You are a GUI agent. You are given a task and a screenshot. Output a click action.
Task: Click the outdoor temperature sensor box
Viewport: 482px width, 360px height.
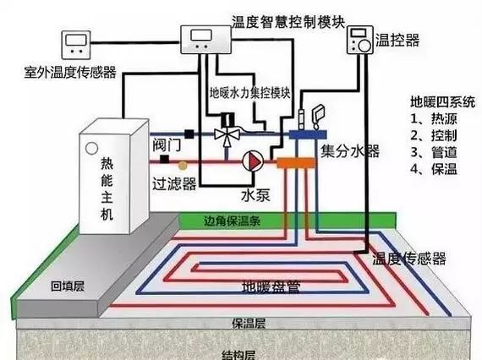pyautogui.click(x=76, y=45)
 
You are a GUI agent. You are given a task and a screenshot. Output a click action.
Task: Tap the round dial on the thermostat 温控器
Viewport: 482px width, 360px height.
pyautogui.click(x=364, y=46)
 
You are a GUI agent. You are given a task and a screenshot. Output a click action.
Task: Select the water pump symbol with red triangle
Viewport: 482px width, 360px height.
pyautogui.click(x=253, y=161)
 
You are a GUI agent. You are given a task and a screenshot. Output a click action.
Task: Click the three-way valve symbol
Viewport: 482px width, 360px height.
pyautogui.click(x=227, y=135)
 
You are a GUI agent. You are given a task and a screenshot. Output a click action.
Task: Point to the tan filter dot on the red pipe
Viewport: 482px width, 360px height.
pyautogui.click(x=183, y=166)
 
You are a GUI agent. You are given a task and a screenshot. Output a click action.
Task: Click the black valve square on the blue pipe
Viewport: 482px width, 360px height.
pyautogui.click(x=189, y=134)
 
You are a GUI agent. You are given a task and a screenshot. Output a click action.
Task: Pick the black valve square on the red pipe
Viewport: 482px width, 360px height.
pyautogui.click(x=164, y=159)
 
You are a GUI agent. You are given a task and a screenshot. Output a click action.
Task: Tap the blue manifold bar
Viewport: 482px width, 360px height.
pyautogui.click(x=308, y=134)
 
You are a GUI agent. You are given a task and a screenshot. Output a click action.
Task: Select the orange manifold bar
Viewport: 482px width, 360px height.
pyautogui.click(x=296, y=163)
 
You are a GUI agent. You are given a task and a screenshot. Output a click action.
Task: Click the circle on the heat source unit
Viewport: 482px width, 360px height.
pyautogui.click(x=91, y=148)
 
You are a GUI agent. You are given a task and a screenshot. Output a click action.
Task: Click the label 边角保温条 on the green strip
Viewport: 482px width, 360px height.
pyautogui.click(x=232, y=221)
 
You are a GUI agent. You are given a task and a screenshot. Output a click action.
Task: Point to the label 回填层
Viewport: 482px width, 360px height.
pyautogui.click(x=68, y=286)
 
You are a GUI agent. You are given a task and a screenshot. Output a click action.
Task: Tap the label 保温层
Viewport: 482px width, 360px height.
pyautogui.click(x=249, y=323)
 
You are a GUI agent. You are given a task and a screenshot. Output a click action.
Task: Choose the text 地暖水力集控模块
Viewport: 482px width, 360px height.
pyautogui.click(x=250, y=92)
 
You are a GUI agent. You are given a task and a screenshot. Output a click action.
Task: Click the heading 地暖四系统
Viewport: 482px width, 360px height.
pyautogui.click(x=442, y=102)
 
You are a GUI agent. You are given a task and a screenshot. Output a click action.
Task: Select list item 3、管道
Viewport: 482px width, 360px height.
pyautogui.click(x=434, y=152)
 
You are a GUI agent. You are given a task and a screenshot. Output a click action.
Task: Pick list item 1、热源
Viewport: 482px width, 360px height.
pyautogui.click(x=434, y=118)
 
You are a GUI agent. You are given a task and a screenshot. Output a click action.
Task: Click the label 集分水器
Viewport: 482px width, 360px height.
pyautogui.click(x=350, y=150)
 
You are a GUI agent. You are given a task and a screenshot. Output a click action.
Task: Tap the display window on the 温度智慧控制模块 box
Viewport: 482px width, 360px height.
pyautogui.click(x=201, y=35)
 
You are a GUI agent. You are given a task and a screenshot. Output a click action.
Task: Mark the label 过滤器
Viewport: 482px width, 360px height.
pyautogui.click(x=174, y=183)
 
